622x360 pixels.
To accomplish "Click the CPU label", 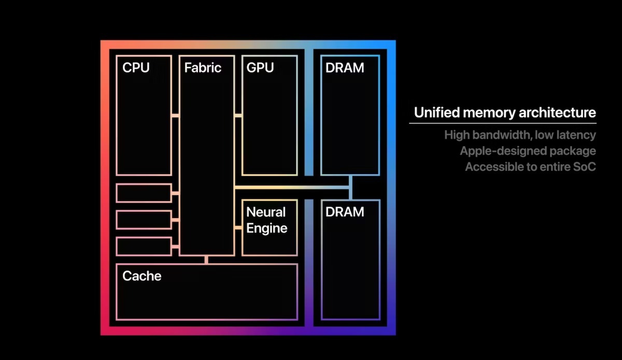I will [x=136, y=67].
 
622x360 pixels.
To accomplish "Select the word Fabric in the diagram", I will [x=203, y=67].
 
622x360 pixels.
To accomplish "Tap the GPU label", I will [x=260, y=67].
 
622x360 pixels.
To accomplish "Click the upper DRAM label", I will [x=345, y=67].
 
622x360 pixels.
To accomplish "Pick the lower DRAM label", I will [x=345, y=212].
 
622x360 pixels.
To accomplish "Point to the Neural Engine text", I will [x=266, y=220].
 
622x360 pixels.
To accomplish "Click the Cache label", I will [x=142, y=276].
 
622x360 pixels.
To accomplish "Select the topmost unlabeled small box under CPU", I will [x=144, y=193].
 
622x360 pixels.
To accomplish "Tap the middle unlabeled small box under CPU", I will [x=144, y=220].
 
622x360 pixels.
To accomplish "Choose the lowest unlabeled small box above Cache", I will [x=144, y=246].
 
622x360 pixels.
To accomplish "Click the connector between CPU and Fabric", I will [x=175, y=116].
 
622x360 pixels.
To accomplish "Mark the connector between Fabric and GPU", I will [x=238, y=116].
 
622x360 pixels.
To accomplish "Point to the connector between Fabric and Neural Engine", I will [x=238, y=227].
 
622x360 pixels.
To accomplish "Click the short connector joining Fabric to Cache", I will [x=206, y=260].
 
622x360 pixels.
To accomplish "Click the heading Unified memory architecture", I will [x=505, y=112].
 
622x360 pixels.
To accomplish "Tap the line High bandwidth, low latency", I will [x=520, y=135].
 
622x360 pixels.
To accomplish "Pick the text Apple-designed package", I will [x=528, y=151].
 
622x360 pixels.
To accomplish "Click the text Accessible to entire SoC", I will [x=530, y=167].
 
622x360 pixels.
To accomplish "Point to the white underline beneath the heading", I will [x=502, y=123].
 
